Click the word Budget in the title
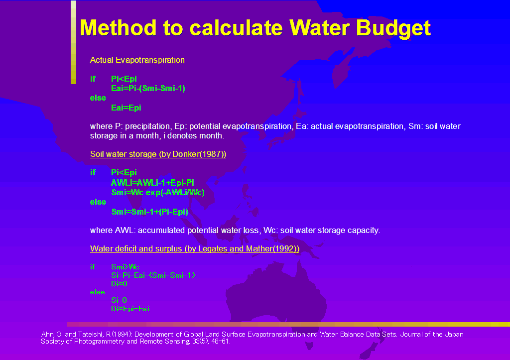pyautogui.click(x=393, y=28)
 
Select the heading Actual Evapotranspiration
pyautogui.click(x=137, y=60)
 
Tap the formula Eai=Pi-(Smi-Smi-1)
pyautogui.click(x=148, y=89)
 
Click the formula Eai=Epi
pyautogui.click(x=126, y=108)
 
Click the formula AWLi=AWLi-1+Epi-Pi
pyautogui.click(x=152, y=183)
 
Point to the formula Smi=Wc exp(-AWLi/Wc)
pyautogui.click(x=158, y=193)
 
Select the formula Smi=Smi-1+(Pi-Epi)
pyautogui.click(x=149, y=212)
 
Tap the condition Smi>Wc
pyautogui.click(x=125, y=267)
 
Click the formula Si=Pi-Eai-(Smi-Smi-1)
pyautogui.click(x=153, y=275)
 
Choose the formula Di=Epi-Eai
pyautogui.click(x=130, y=309)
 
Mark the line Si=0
pyautogui.click(x=119, y=300)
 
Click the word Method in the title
pyautogui.click(x=118, y=27)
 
